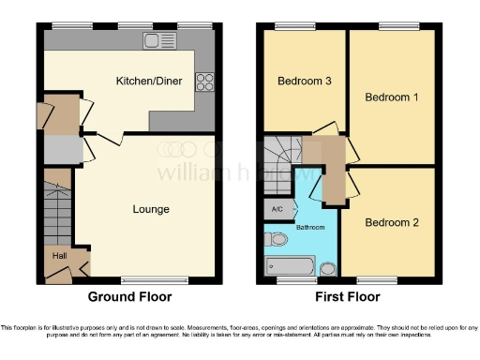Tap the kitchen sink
point(156,40)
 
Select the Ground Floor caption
point(129,297)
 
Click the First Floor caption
point(348,297)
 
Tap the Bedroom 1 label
point(391,97)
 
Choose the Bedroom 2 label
point(391,222)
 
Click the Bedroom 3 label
point(305,81)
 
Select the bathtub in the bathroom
point(290,266)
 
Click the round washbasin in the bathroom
point(327,269)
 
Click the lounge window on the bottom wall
point(147,279)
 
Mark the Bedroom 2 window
point(377,279)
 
